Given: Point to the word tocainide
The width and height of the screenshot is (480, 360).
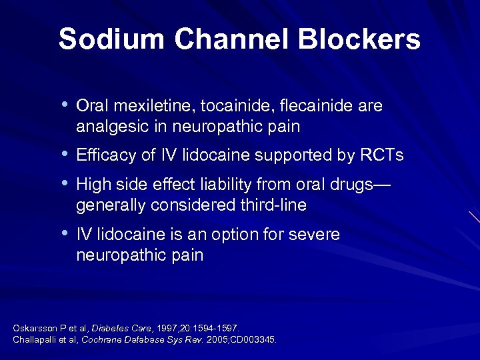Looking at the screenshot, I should pos(234,107).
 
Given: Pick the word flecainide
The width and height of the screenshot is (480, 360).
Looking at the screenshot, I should pos(315,107).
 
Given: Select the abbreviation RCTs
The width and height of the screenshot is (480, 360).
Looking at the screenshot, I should pos(381,156).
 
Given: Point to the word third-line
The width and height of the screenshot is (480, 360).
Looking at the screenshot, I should pos(269,205).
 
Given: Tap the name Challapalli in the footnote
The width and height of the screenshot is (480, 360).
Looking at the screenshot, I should pos(34,339).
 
